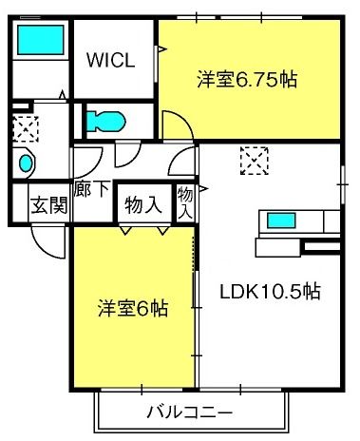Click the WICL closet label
tap(111, 60)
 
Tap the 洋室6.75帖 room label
tap(247, 80)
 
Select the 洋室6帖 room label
tap(133, 308)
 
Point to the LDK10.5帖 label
tap(271, 292)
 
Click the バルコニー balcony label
tap(190, 412)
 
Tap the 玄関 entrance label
tap(49, 205)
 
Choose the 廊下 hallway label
tap(92, 189)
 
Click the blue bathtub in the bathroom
tap(41, 40)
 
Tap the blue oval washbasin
tap(26, 163)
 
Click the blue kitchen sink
tap(281, 220)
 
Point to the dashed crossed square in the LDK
tap(255, 161)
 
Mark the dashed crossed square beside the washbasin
tap(26, 129)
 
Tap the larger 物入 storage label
tap(143, 206)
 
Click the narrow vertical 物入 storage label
tap(185, 202)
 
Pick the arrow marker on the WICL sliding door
tap(161, 49)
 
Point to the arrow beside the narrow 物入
tap(203, 189)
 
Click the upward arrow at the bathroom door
tap(63, 95)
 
